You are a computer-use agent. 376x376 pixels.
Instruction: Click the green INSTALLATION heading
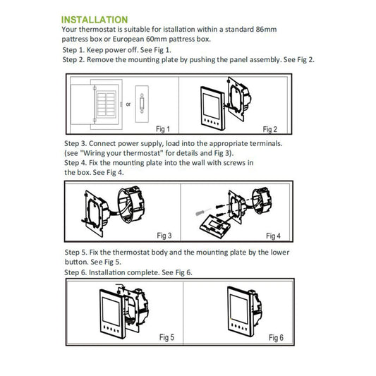point(95,20)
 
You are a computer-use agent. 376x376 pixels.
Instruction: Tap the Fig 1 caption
point(163,129)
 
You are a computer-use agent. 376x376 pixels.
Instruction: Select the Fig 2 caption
point(269,129)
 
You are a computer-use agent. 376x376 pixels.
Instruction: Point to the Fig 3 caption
point(164,236)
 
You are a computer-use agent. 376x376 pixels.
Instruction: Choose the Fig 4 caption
point(273,236)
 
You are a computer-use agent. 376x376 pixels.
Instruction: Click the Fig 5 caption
point(166,337)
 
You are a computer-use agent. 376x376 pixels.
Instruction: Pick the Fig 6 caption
point(276,338)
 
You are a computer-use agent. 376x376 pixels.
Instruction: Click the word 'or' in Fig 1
point(128,104)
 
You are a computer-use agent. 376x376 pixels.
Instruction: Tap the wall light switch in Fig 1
point(142,104)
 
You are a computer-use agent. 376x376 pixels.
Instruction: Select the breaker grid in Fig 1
point(106,104)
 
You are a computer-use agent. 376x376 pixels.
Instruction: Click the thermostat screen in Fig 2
point(211,106)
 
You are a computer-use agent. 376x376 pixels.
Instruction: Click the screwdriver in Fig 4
point(203,212)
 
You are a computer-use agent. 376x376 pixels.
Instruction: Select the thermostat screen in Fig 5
point(111,312)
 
